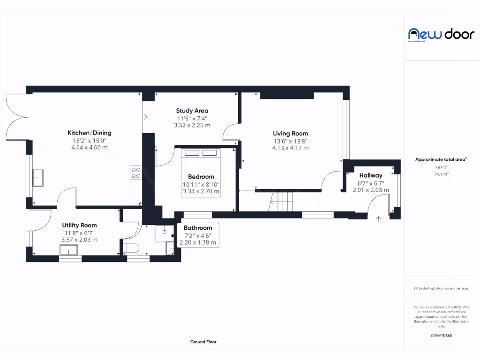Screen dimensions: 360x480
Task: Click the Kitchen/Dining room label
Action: coord(89,133)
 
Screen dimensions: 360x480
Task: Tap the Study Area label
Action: coord(192,111)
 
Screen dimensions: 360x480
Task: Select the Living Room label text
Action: coord(290,133)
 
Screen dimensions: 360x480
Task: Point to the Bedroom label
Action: coord(201,177)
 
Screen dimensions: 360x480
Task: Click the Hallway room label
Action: coord(371,175)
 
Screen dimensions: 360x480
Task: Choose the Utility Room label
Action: coord(79,225)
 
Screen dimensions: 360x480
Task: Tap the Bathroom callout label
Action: coord(197,228)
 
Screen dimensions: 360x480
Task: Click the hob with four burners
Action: coord(136,172)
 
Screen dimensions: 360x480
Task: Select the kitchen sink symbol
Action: coord(37,178)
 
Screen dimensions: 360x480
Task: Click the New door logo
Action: coord(441,34)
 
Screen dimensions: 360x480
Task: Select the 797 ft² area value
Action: coord(441,167)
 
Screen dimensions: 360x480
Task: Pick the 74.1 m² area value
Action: coord(441,173)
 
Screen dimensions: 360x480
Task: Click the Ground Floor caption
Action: coord(203,342)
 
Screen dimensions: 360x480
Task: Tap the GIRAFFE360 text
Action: coord(441,336)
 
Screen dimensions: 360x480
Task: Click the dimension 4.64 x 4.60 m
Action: coord(89,147)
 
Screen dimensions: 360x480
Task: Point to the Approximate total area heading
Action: coord(441,159)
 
